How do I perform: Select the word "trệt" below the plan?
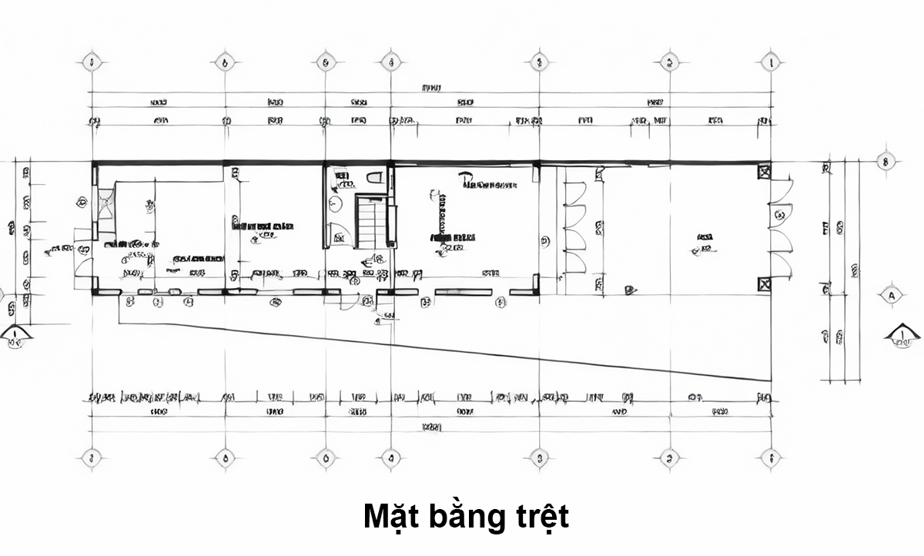click(540, 517)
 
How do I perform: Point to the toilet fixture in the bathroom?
click(375, 178)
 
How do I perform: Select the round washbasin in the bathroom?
click(334, 203)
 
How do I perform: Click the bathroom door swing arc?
click(336, 234)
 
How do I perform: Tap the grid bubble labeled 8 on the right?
click(885, 162)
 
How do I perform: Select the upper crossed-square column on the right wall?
click(764, 172)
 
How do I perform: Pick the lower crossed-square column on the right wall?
click(764, 284)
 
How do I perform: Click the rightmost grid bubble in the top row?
click(770, 62)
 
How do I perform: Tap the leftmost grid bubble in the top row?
click(92, 62)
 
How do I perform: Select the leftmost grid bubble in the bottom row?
click(92, 458)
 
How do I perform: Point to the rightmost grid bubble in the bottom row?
click(770, 458)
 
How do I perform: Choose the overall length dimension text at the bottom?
click(432, 427)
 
